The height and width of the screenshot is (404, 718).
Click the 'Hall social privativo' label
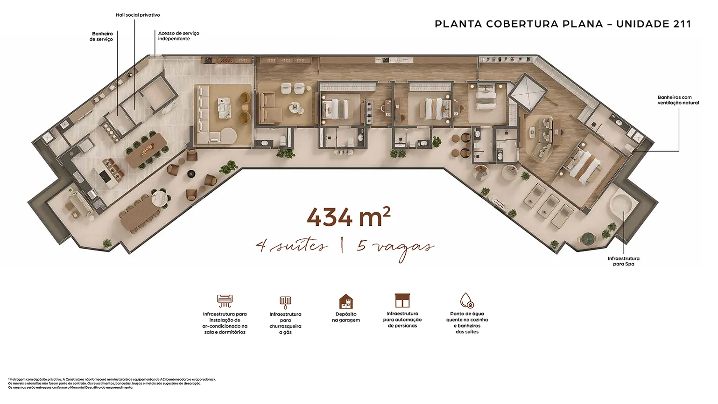point(138,15)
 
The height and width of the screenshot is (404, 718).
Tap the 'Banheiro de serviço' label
point(101,36)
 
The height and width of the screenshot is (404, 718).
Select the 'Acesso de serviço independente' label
point(178,36)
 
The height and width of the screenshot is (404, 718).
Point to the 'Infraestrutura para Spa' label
point(623,261)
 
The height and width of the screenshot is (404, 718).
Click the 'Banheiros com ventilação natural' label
point(678,100)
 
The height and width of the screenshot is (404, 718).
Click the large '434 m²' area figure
point(349,217)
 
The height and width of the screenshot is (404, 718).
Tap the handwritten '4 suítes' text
point(292,246)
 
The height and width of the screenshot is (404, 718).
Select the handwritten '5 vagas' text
point(395,248)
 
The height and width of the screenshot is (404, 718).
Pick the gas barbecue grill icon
point(285,302)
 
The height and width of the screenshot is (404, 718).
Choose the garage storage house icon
point(346,301)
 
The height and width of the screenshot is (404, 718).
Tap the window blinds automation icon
point(402,300)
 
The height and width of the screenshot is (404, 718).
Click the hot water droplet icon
point(467,300)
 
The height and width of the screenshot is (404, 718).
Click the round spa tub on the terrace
point(620,205)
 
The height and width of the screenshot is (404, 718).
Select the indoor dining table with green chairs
point(147,150)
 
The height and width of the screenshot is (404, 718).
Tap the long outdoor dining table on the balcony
point(139,214)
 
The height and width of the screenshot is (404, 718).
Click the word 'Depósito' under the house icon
point(346,314)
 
